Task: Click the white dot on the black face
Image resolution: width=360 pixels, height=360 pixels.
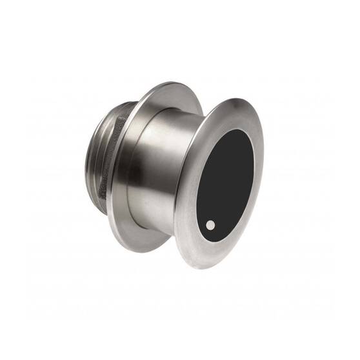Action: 211,225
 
